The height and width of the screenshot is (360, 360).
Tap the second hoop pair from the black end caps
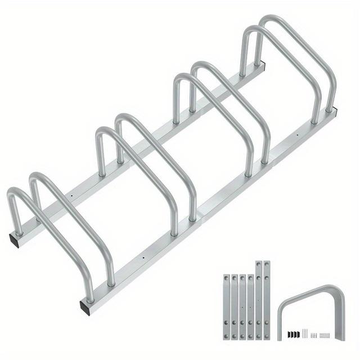(x=146, y=169)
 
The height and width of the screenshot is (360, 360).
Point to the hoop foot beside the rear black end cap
(x=20, y=228)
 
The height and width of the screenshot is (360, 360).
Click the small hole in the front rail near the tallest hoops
(x=296, y=134)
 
